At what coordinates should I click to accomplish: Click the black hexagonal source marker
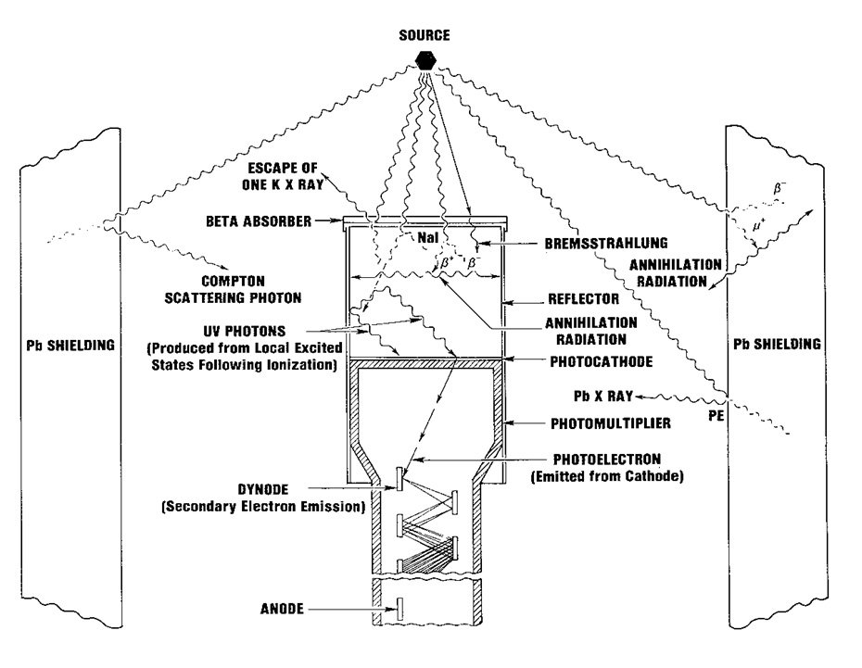point(425,59)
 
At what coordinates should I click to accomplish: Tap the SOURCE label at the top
point(425,35)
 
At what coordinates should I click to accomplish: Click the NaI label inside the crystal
point(426,238)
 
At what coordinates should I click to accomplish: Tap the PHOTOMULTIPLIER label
point(601,422)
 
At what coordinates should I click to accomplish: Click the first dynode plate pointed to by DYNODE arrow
point(399,479)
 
